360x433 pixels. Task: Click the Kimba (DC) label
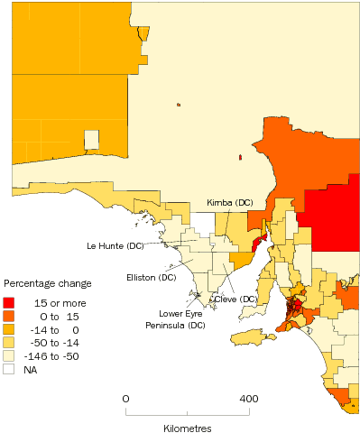pyautogui.click(x=229, y=203)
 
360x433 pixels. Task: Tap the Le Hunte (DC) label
pyautogui.click(x=115, y=245)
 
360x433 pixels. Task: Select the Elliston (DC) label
pyautogui.click(x=152, y=277)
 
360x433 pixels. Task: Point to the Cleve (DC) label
pyautogui.click(x=235, y=299)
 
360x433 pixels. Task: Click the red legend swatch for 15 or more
pyautogui.click(x=10, y=302)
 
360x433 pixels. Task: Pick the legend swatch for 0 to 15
pyautogui.click(x=10, y=316)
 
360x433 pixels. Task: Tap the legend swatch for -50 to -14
pyautogui.click(x=10, y=343)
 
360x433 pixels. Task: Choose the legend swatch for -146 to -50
pyautogui.click(x=10, y=356)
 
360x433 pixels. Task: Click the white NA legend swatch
pyautogui.click(x=10, y=370)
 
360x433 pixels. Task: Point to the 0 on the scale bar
pyautogui.click(x=125, y=398)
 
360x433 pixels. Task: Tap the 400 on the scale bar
pyautogui.click(x=248, y=398)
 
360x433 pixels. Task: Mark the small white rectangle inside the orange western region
pyautogui.click(x=91, y=140)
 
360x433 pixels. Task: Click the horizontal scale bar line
pyautogui.click(x=188, y=411)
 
